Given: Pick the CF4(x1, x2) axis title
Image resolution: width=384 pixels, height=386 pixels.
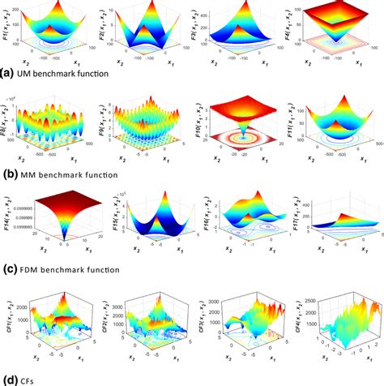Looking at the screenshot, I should click(x=290, y=312).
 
